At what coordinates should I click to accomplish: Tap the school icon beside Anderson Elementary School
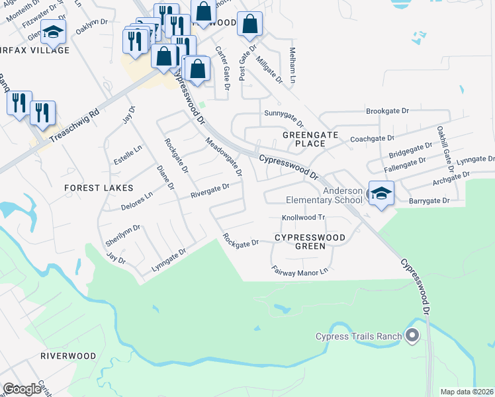(x=381, y=194)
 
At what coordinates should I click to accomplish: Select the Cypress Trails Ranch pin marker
(x=413, y=336)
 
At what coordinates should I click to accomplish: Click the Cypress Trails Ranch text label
(x=359, y=336)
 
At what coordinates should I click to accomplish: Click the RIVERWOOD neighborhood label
(x=68, y=355)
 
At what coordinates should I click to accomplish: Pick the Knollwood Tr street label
(x=304, y=217)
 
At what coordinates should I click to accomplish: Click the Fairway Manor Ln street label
(x=300, y=270)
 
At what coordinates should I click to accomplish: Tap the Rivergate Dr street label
(x=210, y=191)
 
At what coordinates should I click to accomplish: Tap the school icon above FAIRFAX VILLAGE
(x=53, y=31)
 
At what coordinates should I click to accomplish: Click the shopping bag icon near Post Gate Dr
(x=249, y=25)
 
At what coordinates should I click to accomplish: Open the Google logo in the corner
(x=22, y=389)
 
